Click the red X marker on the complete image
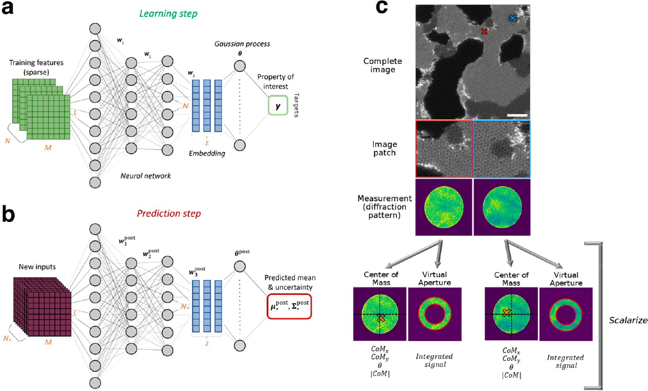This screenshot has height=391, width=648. point(484,32)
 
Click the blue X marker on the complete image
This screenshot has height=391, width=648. point(512,18)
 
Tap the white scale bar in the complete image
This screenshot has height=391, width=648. point(517,115)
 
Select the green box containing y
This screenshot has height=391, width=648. point(278,106)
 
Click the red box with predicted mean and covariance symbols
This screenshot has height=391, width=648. point(289,306)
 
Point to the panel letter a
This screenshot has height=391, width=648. point(7,8)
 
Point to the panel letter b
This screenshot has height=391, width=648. point(8,214)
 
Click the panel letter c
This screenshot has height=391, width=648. point(382,7)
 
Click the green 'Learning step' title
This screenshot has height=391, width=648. point(168,14)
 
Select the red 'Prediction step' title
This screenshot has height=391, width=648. point(169,214)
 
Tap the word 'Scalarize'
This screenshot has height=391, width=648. point(628,320)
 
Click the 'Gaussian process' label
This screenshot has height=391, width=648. point(242,44)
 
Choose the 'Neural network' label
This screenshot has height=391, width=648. point(146,176)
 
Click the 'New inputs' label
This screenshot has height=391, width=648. point(37,267)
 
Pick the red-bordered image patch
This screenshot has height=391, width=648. point(444,149)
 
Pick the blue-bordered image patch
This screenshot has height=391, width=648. point(502,149)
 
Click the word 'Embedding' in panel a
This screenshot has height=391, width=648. point(207,154)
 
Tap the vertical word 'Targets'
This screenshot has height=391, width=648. point(296,105)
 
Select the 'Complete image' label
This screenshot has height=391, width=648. point(383,65)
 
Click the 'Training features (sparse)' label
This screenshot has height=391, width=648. point(37,67)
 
